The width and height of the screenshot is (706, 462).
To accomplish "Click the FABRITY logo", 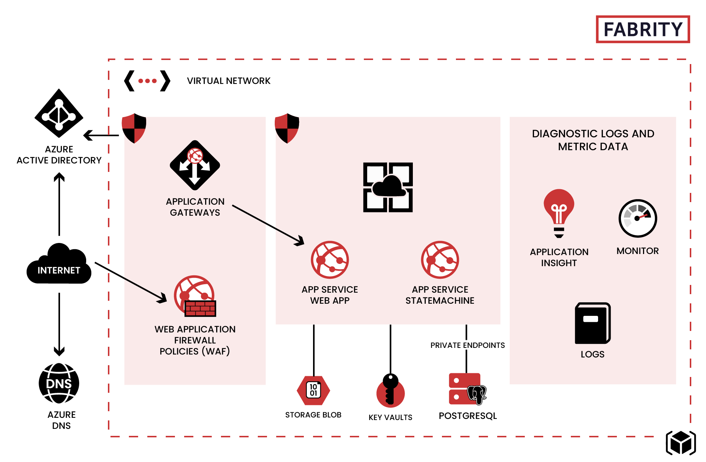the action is point(643,29).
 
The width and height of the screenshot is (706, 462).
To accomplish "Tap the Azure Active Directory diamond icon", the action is point(59,113).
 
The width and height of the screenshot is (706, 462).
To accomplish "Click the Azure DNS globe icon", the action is point(59,383).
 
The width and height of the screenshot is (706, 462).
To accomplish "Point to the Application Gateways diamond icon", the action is point(195,165).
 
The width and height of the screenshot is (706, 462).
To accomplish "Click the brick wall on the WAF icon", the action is point(200,308).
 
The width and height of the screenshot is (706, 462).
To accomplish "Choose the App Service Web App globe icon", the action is point(330,260).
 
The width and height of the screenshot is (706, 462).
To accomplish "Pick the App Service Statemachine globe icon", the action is point(440,260).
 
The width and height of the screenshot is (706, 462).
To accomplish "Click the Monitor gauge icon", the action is point(638,218).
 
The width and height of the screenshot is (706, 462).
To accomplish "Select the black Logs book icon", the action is point(593,323).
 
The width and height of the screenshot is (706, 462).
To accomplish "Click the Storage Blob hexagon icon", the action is point(313,390).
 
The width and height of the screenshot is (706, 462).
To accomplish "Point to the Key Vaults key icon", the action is point(390,391).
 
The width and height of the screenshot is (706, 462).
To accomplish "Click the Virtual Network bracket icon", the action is point(147,81).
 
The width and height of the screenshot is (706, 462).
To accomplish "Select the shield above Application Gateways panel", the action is point(134,128).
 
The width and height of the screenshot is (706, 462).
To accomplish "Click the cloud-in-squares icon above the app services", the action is point(388,187).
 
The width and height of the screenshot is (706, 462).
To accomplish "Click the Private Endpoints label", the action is point(468,345).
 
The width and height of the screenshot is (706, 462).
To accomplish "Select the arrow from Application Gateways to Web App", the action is point(268,225).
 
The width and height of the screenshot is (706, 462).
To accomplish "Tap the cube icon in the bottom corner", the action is point(681,443).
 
